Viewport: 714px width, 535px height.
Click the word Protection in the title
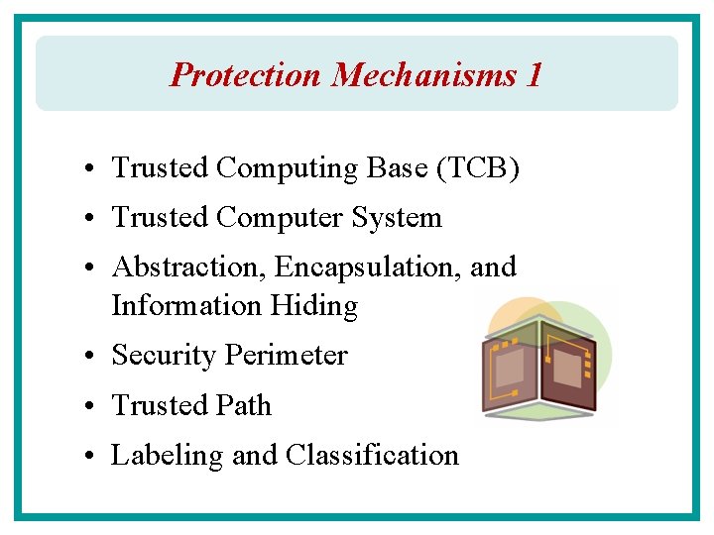(246, 74)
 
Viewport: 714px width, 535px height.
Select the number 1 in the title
(535, 74)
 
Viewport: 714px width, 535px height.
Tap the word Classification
(372, 455)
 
